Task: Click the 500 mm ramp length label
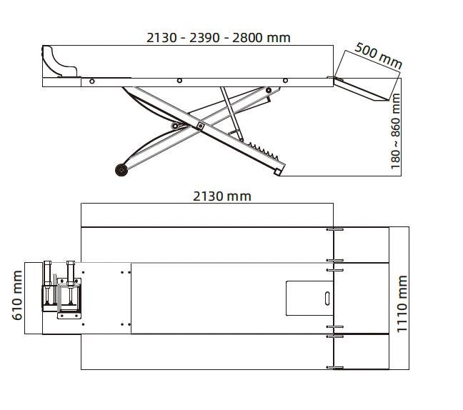pos(379,56)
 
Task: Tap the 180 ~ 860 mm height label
pos(395,131)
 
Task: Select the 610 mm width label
pos(17,295)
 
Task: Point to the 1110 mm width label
pos(402,304)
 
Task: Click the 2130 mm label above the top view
pos(222,196)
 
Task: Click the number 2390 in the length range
pos(204,38)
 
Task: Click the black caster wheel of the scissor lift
pos(121,170)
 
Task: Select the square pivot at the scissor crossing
pos(200,126)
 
